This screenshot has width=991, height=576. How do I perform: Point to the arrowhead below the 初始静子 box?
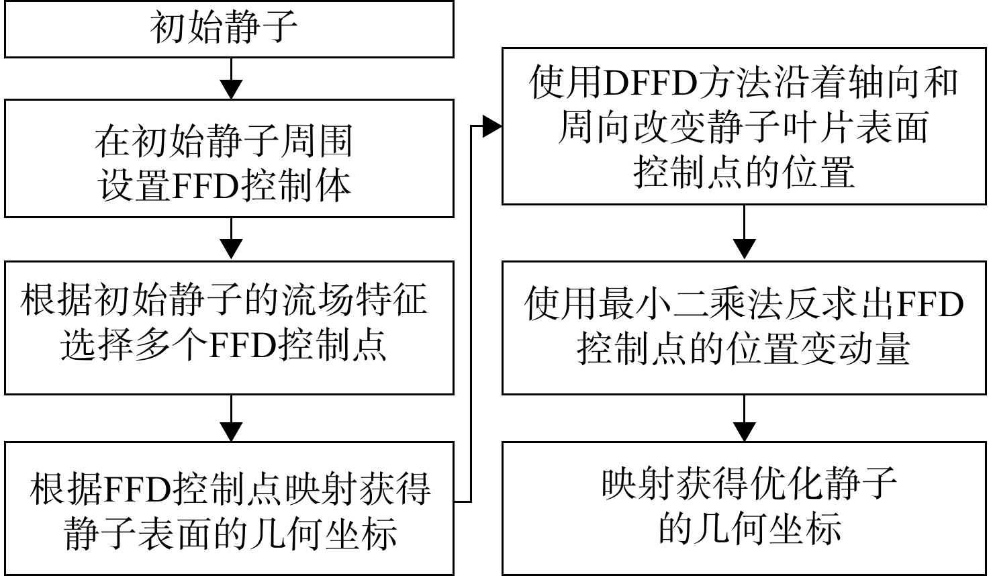pyautogui.click(x=232, y=89)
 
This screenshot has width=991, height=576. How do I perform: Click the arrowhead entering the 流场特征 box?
pyautogui.click(x=232, y=249)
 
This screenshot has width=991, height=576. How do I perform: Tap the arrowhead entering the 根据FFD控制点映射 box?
pyautogui.click(x=232, y=432)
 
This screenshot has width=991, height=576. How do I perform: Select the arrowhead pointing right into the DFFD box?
pyautogui.click(x=491, y=126)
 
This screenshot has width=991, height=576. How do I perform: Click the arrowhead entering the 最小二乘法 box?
pyautogui.click(x=744, y=249)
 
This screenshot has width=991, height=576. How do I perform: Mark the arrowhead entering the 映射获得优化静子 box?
pyautogui.click(x=744, y=432)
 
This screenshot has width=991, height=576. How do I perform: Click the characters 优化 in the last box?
pyautogui.click(x=786, y=485)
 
